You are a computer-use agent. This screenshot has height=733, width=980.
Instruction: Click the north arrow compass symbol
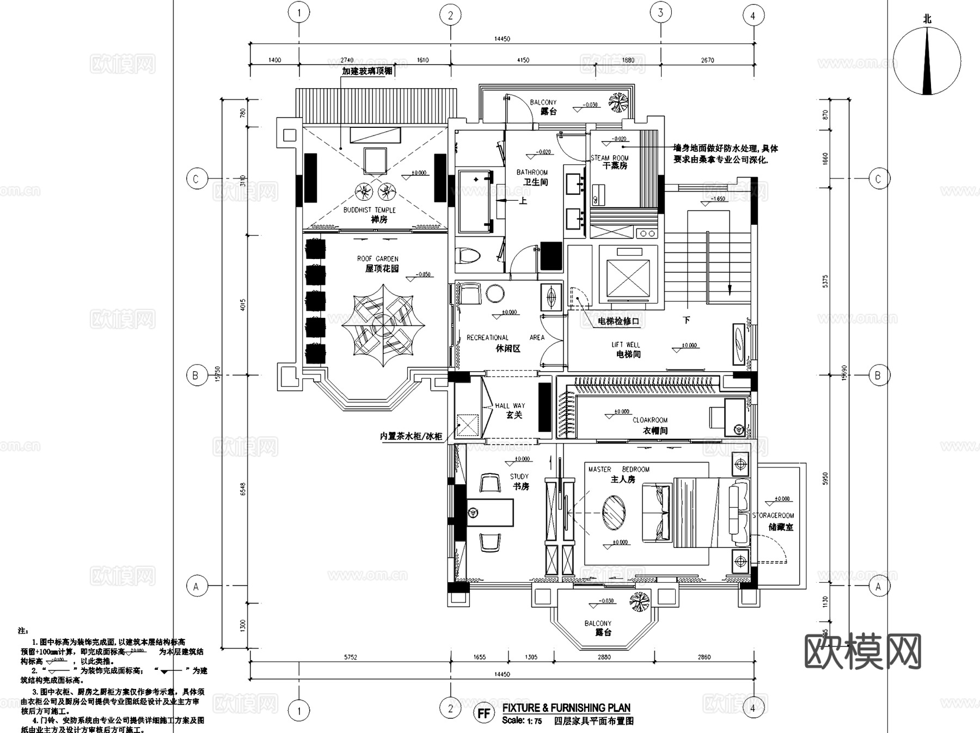(927, 60)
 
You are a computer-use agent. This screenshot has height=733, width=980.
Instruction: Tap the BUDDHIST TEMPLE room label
(370, 214)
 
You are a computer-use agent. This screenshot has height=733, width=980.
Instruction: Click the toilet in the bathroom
(468, 256)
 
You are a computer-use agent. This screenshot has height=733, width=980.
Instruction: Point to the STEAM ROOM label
(610, 162)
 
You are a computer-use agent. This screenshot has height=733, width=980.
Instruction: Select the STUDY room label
(520, 481)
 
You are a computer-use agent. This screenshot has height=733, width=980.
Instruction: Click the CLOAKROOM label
(651, 425)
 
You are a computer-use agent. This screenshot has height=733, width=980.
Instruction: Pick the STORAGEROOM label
(773, 521)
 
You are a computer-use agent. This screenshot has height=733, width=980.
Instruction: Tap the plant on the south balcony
(639, 602)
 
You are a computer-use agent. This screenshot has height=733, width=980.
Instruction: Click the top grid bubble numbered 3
(660, 13)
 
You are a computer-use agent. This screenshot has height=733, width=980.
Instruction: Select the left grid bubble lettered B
(196, 375)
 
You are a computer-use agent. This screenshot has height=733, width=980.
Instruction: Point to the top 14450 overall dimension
(502, 39)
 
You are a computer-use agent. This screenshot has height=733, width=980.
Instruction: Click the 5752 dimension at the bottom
(351, 657)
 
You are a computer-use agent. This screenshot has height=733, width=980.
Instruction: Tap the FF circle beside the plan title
(483, 713)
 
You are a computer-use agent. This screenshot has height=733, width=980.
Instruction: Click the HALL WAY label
(510, 410)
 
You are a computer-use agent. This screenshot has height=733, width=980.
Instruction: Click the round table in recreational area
(495, 293)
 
